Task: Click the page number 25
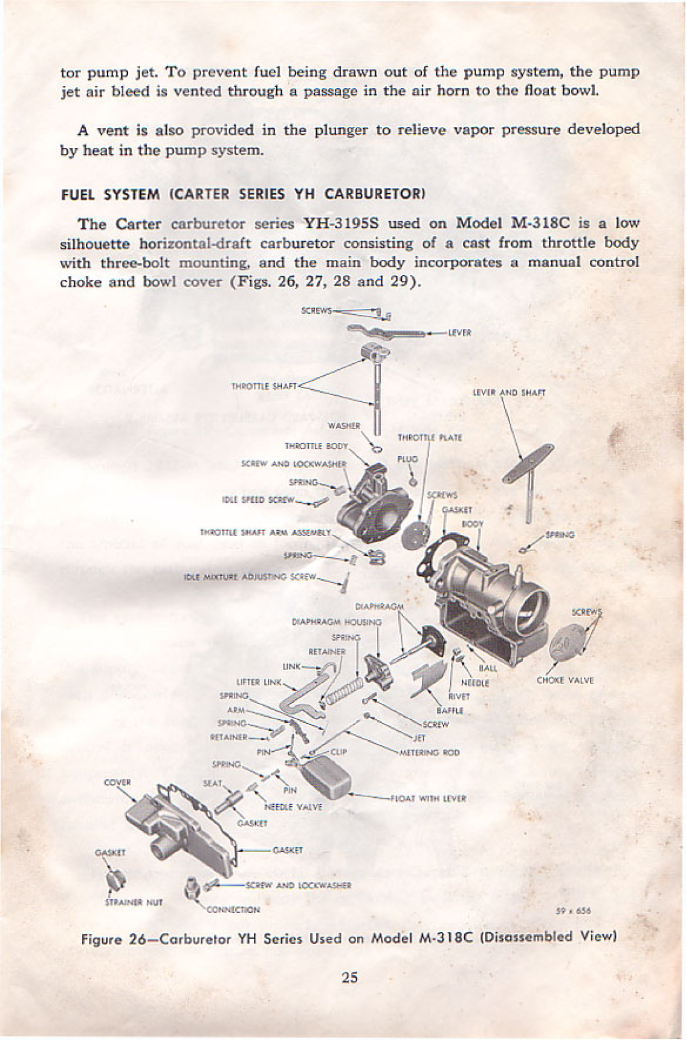[x=349, y=977]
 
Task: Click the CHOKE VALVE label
[x=565, y=680]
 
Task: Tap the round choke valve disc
[x=568, y=645]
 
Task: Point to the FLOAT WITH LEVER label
[x=429, y=798]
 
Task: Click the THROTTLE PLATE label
[x=430, y=438]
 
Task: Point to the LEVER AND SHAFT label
[x=509, y=392]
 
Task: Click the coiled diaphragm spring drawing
[x=343, y=689]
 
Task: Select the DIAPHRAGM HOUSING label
[x=337, y=621]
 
